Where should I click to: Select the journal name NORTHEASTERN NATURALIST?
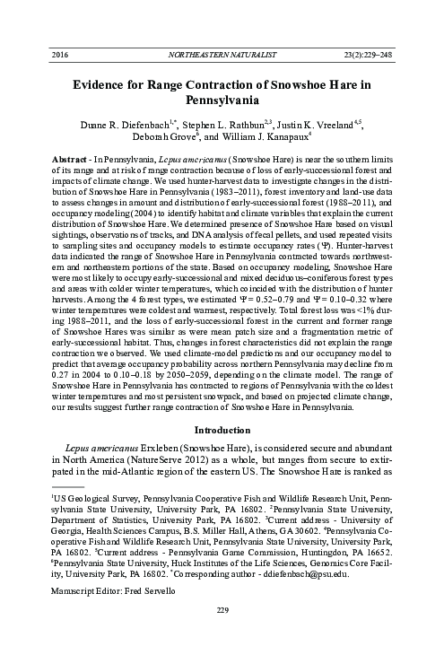coord(221,55)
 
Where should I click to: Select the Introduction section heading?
coord(222,427)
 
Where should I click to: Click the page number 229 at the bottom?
coord(222,635)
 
